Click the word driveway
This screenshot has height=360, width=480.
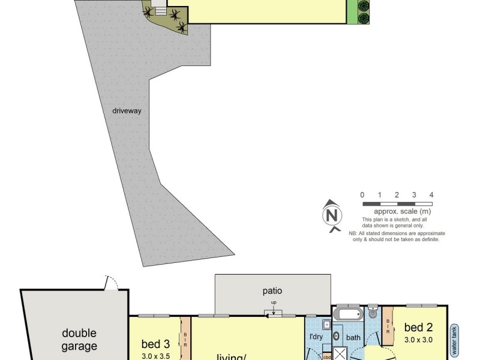[126, 111]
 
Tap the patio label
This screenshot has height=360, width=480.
[272, 291]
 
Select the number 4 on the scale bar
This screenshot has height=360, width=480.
[431, 195]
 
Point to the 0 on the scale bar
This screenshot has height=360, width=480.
[362, 195]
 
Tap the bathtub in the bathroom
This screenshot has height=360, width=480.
[349, 314]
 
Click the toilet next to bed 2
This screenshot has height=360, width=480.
[373, 311]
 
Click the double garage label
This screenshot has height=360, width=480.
[79, 340]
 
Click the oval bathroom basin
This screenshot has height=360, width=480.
[337, 336]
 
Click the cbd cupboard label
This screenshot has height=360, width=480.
[327, 356]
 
